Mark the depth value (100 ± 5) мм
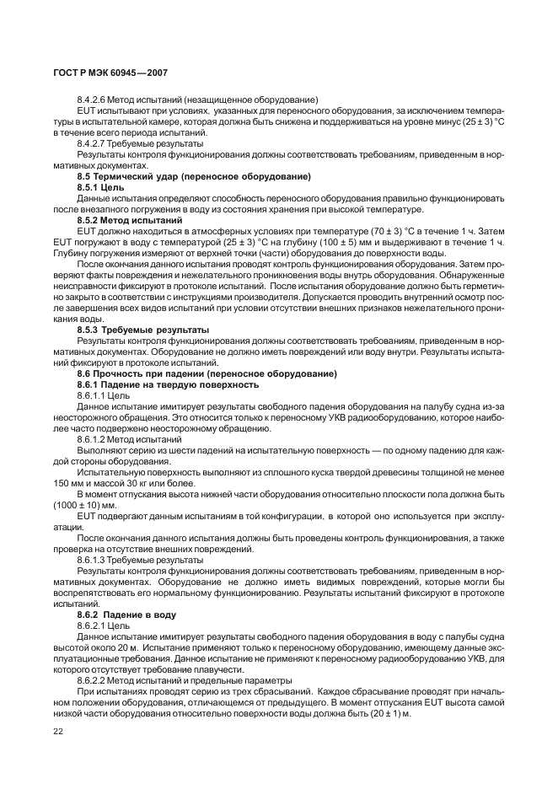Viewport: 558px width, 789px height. click(363, 242)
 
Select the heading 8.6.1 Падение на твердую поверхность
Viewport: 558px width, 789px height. click(168, 384)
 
